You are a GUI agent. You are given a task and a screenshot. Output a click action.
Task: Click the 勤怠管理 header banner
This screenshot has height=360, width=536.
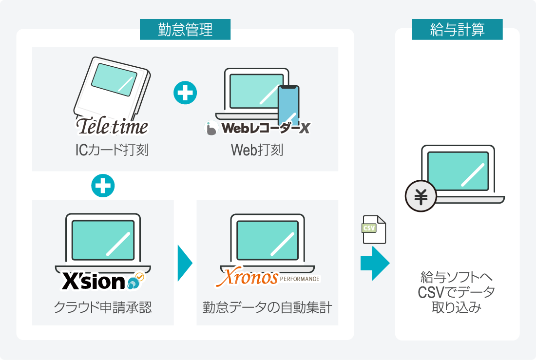tap(185, 29)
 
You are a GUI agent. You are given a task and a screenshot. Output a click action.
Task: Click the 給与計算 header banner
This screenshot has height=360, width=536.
tap(457, 29)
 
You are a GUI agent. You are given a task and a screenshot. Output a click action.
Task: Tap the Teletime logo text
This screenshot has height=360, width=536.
tap(112, 126)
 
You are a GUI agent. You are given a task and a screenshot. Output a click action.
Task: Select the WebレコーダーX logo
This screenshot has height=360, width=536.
tap(257, 128)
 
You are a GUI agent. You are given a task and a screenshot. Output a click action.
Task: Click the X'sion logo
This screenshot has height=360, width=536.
tap(103, 282)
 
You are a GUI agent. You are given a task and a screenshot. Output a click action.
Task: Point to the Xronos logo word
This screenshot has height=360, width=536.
tap(248, 277)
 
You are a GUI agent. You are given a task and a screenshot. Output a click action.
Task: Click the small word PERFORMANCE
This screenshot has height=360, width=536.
tap(300, 279)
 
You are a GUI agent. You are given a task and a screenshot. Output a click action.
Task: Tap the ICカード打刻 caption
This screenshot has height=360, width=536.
tap(112, 150)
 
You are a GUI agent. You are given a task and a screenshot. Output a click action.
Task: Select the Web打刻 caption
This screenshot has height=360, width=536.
tap(257, 150)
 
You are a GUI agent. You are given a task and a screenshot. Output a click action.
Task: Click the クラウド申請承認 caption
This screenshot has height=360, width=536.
tap(102, 307)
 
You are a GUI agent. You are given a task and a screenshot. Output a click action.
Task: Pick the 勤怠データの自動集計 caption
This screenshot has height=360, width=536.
tap(267, 307)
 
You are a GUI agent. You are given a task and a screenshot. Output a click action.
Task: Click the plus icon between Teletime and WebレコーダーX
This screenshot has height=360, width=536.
tap(185, 93)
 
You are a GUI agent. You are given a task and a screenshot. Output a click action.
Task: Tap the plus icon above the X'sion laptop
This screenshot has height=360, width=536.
tap(103, 186)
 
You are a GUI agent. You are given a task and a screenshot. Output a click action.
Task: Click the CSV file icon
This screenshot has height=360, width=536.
tap(374, 229)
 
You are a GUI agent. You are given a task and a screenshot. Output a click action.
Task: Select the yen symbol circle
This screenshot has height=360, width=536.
tap(421, 196)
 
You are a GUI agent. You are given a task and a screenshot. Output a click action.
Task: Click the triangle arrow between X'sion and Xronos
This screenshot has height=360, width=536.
tap(185, 263)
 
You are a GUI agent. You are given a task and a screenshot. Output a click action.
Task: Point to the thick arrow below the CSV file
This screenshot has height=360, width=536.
tap(375, 263)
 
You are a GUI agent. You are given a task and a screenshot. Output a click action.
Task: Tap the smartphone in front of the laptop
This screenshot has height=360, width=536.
tap(288, 106)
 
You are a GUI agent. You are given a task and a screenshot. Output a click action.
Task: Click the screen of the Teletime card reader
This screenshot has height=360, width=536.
tap(114, 80)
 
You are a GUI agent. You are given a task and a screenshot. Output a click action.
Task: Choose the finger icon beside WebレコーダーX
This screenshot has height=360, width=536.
tap(211, 128)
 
